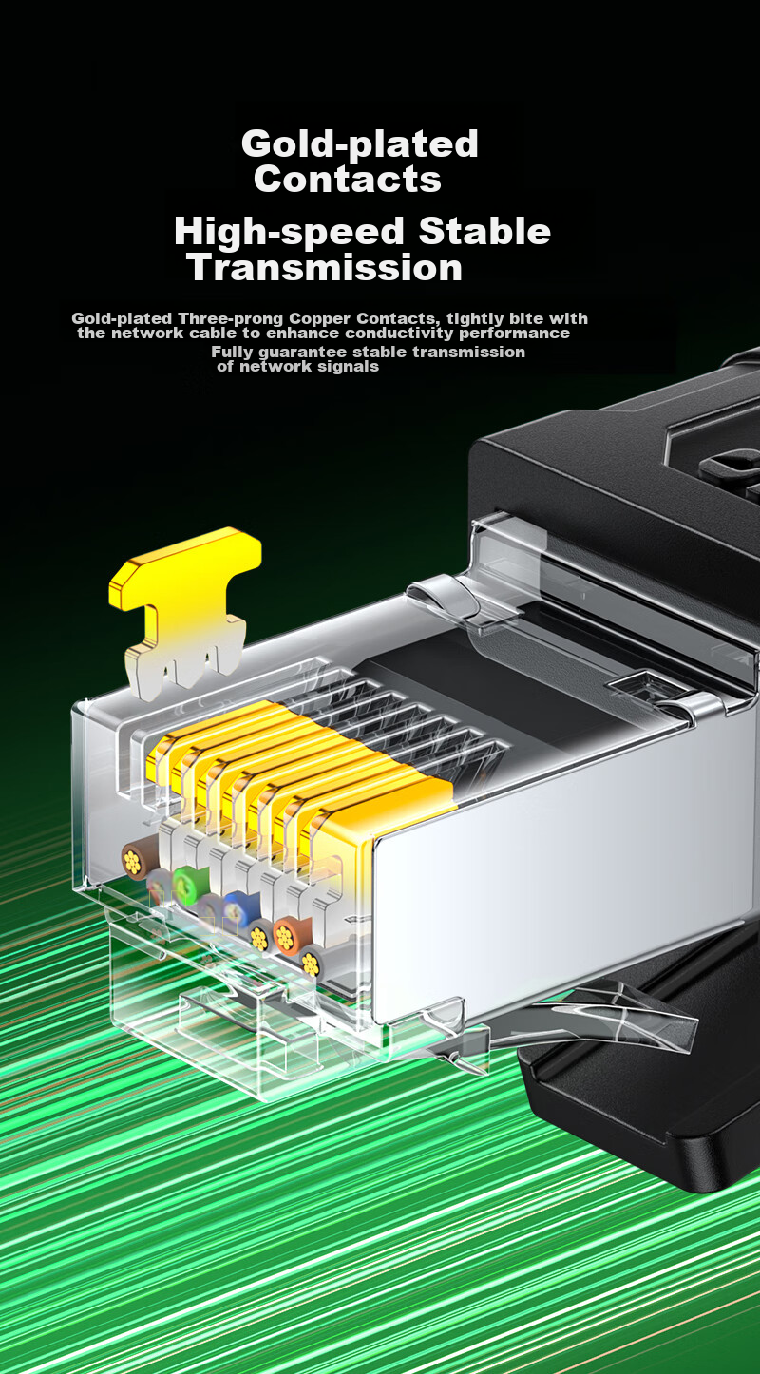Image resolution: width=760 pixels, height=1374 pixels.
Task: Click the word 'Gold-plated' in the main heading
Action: click(359, 144)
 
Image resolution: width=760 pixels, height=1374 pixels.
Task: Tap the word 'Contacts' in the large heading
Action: click(347, 179)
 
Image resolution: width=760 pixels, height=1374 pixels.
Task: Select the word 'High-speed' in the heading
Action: click(289, 233)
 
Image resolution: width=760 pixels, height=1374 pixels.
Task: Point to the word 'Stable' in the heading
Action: click(484, 231)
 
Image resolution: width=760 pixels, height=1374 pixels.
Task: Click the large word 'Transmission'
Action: click(325, 267)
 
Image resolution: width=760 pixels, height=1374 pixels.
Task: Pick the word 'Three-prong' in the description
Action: click(231, 319)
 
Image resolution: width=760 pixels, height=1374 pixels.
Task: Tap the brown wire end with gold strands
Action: click(134, 862)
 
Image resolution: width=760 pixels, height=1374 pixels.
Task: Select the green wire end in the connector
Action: click(184, 885)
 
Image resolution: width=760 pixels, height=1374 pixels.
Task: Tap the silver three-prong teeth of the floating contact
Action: click(184, 669)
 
